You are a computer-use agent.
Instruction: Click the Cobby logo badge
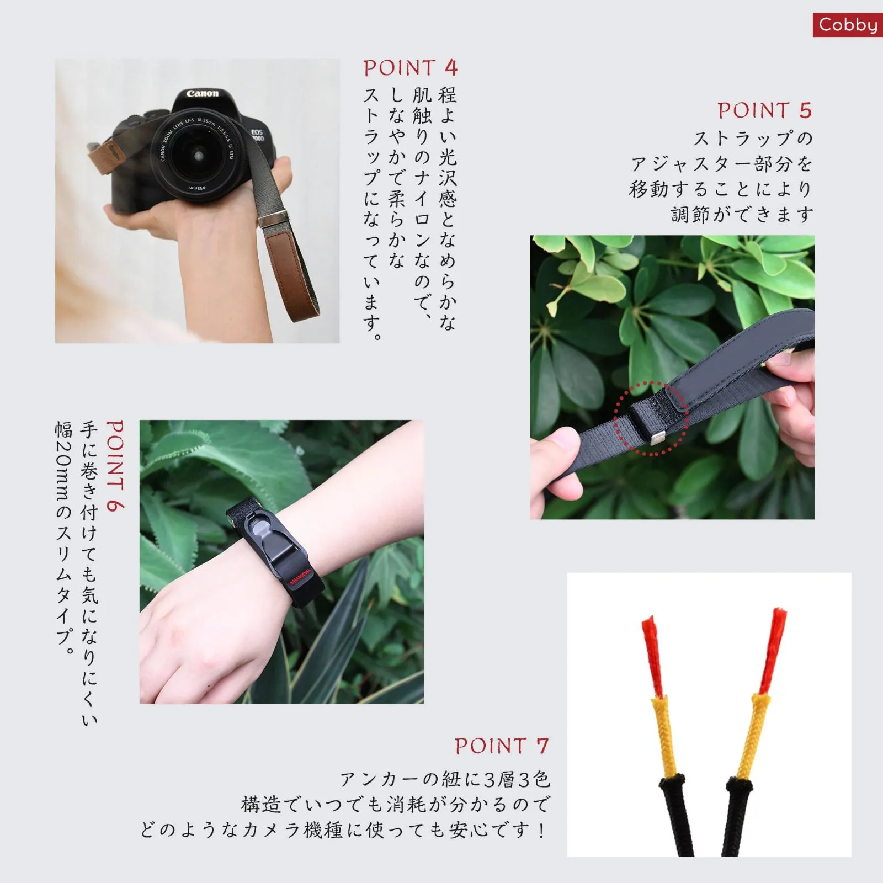tap(848, 25)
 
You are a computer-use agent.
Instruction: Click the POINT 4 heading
tap(411, 68)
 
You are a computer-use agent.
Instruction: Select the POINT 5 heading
tap(764, 111)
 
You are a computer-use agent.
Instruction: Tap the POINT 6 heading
tap(115, 466)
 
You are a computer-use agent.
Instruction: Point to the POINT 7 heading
tap(502, 746)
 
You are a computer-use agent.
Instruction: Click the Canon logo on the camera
tap(203, 94)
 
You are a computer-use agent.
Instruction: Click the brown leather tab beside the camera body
tap(108, 152)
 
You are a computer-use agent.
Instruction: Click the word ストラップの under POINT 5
tap(753, 138)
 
